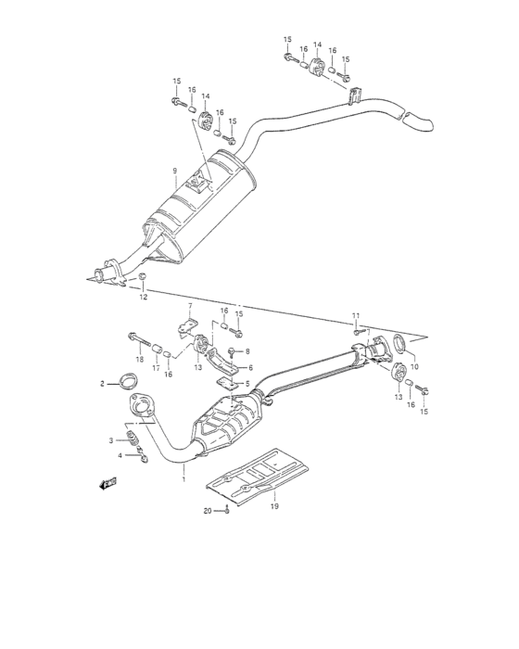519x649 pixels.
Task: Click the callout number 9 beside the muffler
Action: tap(172, 171)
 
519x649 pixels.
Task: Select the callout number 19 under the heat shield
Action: tap(274, 506)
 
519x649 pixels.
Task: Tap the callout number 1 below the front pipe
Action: tap(184, 478)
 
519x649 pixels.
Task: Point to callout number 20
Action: tap(209, 511)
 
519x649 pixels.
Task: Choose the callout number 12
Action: tap(144, 298)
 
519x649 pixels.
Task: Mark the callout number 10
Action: tap(414, 366)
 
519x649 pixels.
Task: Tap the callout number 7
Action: tap(189, 305)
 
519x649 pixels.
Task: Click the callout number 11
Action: tap(356, 316)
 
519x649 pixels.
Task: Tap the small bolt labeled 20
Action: tap(226, 509)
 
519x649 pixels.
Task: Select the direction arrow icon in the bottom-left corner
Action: tap(108, 482)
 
